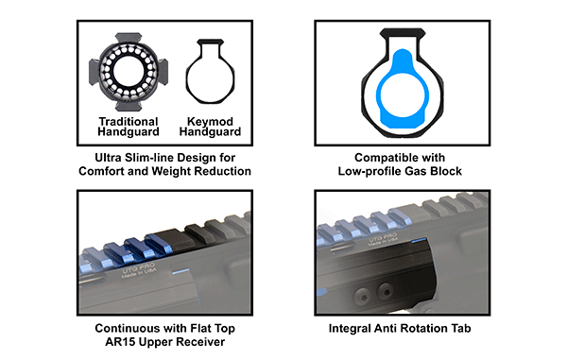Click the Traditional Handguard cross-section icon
129,72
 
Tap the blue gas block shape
403,89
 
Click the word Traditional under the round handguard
129,122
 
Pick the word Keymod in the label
210,122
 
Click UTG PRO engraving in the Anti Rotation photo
382,239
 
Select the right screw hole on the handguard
386,290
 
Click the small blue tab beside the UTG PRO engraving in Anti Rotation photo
419,240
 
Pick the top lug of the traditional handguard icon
129,38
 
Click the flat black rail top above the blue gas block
403,32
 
